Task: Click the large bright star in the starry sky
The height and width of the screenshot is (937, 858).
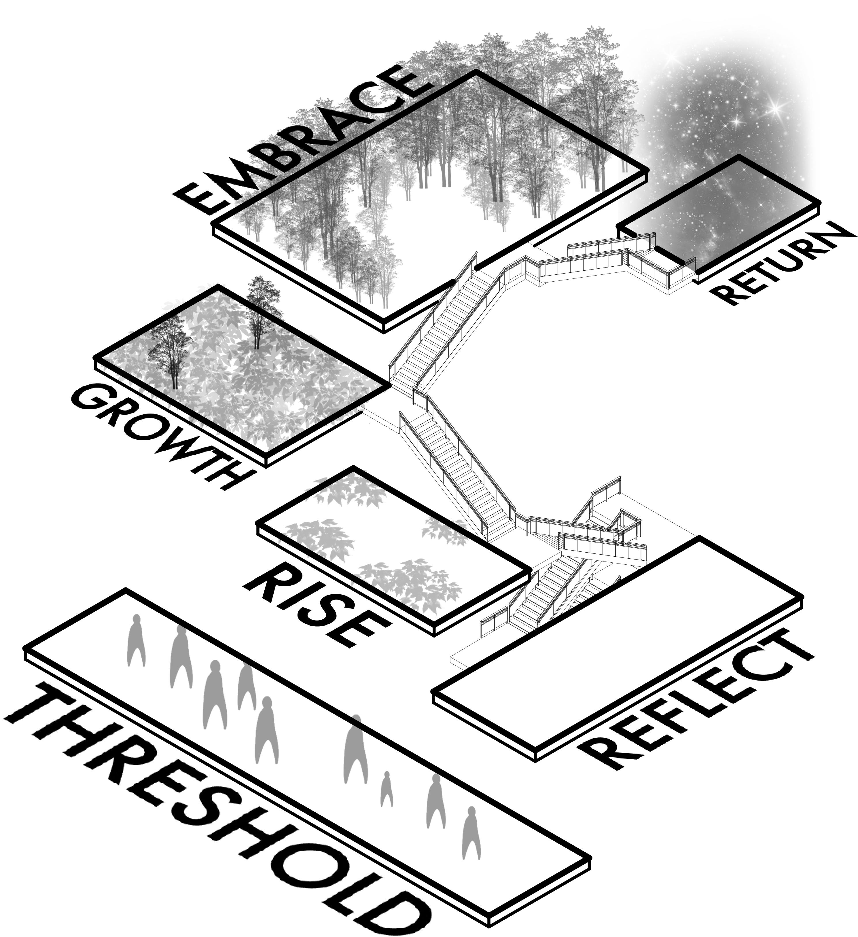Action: click(x=775, y=108)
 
